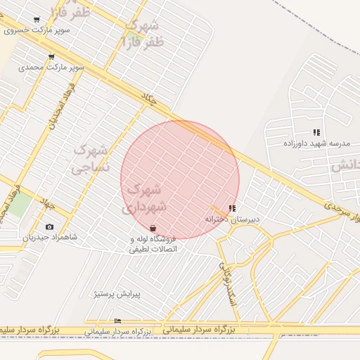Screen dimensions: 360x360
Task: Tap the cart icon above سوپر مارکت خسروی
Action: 37,20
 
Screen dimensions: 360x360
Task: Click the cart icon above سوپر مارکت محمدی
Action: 51,57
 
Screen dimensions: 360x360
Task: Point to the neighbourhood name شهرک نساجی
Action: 91,158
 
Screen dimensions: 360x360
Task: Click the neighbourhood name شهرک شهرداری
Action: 144,198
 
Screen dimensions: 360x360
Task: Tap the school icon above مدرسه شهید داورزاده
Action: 316,132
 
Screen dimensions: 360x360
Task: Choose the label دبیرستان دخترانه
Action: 232,219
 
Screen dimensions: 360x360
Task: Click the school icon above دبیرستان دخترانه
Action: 232,209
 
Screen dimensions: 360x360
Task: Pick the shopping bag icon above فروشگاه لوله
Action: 153,228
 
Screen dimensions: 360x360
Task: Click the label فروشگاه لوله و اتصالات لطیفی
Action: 153,243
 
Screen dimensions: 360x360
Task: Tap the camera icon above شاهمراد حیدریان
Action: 49,226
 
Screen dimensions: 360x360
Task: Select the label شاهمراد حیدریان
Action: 49,237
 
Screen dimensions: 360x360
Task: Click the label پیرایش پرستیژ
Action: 117,294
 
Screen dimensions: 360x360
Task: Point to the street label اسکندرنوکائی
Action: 227,284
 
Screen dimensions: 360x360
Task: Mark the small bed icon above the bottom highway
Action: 117,321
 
